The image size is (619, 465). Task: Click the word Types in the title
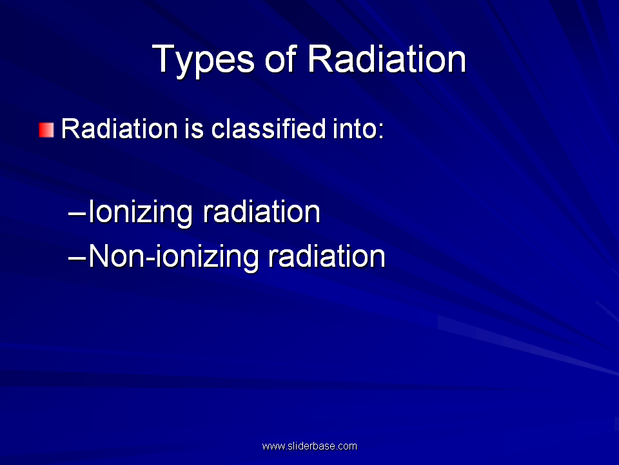(203, 60)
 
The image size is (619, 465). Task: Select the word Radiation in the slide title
(386, 59)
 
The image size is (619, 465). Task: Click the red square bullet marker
(46, 130)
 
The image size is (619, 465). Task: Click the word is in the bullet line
(193, 129)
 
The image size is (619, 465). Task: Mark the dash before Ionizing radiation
(77, 216)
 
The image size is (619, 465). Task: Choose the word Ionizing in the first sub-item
(141, 212)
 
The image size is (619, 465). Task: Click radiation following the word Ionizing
(261, 212)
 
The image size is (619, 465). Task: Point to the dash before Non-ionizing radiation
(77, 260)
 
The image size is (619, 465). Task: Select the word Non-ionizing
(173, 257)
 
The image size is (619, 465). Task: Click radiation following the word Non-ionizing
(326, 256)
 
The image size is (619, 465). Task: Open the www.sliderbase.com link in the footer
(309, 446)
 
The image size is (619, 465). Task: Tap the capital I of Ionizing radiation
(91, 211)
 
